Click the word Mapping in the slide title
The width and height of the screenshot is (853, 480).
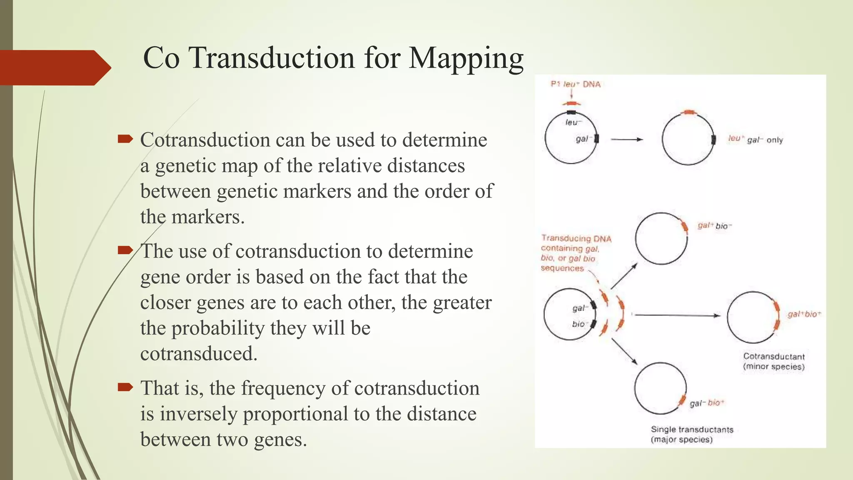(466, 58)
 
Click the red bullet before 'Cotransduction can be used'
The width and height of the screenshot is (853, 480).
(125, 139)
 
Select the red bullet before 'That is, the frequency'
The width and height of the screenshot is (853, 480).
(125, 387)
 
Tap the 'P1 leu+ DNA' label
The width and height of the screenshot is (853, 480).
(576, 84)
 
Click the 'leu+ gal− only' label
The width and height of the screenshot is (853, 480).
(756, 140)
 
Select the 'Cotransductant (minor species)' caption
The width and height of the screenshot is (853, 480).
(774, 361)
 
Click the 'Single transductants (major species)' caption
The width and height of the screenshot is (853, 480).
(692, 434)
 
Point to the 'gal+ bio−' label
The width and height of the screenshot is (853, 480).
(715, 226)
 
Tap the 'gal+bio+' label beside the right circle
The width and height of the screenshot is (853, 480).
(804, 314)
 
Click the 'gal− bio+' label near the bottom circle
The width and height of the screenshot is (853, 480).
(707, 403)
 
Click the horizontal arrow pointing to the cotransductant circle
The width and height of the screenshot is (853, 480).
(677, 315)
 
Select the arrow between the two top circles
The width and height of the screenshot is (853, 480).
(627, 140)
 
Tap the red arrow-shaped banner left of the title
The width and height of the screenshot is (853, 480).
(54, 67)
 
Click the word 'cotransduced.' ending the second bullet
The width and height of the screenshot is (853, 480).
(199, 354)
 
